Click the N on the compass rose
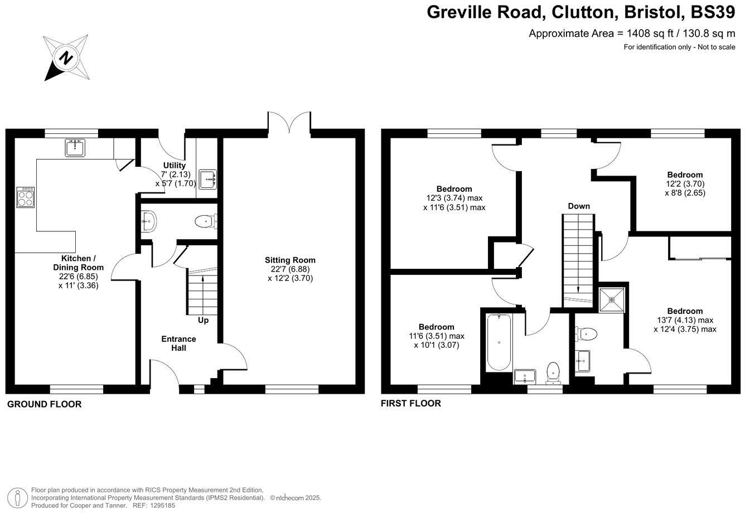(x=66, y=57)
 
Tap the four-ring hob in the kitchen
(x=26, y=197)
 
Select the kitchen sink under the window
(x=74, y=148)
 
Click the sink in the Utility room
(x=210, y=179)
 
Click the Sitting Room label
(x=290, y=260)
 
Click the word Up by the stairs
(x=204, y=321)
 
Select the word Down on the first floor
(x=579, y=206)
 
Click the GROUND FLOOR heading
(x=44, y=404)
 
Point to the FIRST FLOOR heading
(x=410, y=403)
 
